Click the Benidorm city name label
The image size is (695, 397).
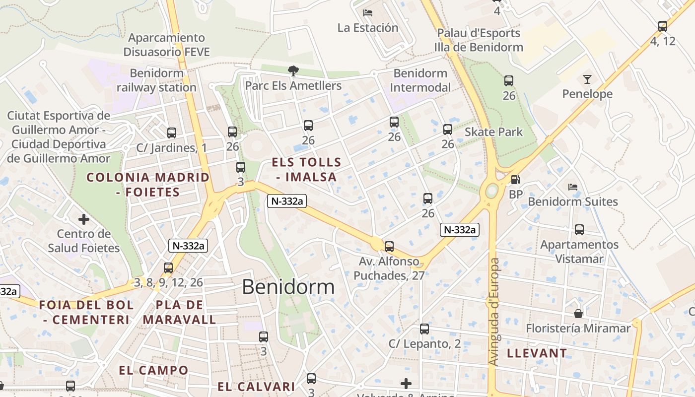[x=288, y=287]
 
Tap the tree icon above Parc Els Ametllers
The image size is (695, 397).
[x=293, y=71]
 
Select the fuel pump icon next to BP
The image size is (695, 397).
[x=516, y=180]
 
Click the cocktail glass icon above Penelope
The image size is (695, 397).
[x=587, y=79]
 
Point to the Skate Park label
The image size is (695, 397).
[x=493, y=132]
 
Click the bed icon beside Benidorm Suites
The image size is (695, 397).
[x=573, y=187]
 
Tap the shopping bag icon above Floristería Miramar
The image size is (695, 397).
[x=578, y=314]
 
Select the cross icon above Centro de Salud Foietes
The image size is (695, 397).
[x=84, y=219]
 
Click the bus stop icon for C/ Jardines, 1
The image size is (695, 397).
[x=172, y=133]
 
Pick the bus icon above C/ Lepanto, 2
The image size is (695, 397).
[x=424, y=329]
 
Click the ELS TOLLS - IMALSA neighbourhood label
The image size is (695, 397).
[x=306, y=169]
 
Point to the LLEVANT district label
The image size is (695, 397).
[x=537, y=353]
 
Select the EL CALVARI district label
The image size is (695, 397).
[x=256, y=387]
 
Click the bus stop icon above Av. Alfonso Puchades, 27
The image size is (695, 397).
[x=389, y=246]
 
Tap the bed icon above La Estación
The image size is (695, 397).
[x=368, y=13]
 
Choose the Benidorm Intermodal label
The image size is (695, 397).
[x=420, y=80]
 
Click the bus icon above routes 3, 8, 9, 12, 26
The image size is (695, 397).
[x=168, y=268]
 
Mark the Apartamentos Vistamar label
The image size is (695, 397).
[x=579, y=252]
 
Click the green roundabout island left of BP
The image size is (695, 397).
[x=492, y=190]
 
